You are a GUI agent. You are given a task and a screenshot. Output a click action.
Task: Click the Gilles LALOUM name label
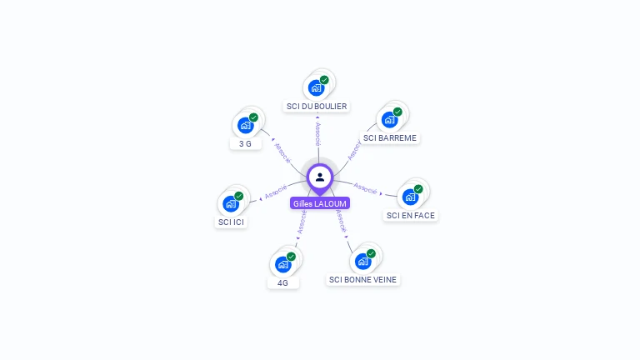click(320, 203)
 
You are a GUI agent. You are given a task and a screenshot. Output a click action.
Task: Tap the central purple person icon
click(320, 177)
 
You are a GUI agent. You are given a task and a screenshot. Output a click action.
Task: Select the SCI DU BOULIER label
click(317, 106)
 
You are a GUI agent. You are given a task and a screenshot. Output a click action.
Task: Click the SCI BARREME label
click(390, 137)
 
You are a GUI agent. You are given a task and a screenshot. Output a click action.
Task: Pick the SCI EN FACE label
click(410, 215)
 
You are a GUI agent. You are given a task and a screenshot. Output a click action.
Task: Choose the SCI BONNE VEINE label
click(362, 280)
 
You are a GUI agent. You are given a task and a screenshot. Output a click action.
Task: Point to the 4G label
click(283, 282)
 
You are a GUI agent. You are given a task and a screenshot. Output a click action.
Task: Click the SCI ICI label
click(232, 222)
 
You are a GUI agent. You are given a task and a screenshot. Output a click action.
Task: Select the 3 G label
click(245, 143)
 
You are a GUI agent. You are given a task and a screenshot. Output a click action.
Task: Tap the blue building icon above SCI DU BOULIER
click(316, 87)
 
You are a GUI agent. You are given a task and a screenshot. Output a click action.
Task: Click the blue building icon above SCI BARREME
click(389, 119)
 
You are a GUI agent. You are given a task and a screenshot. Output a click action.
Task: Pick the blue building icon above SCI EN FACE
click(410, 197)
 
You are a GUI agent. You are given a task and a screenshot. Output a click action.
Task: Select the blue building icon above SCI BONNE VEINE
click(362, 262)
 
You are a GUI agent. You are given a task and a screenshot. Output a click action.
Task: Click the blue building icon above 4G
click(282, 264)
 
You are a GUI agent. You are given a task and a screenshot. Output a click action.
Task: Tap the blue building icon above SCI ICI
click(230, 203)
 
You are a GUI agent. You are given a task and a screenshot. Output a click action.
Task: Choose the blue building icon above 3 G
click(245, 125)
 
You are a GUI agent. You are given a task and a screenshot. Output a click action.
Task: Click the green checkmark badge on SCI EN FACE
click(418, 189)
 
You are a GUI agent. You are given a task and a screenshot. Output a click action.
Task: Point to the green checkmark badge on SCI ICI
click(238, 196)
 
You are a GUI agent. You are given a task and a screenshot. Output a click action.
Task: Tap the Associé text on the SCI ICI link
click(276, 191)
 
